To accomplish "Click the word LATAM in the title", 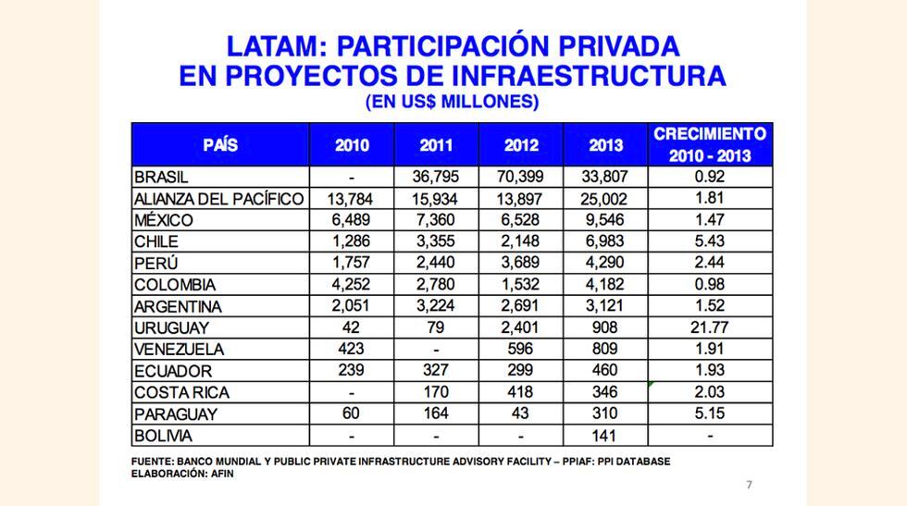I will coord(270,46).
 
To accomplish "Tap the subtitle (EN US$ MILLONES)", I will coord(452,101).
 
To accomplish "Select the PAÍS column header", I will coord(220,144).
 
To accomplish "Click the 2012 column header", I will coord(520,145).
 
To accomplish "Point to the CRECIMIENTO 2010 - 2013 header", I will coord(710,144).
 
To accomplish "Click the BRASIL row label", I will coord(162,177).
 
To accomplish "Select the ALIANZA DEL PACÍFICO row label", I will coord(218,199).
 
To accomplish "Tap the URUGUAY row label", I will coord(171,327).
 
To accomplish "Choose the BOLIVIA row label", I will coord(164,436).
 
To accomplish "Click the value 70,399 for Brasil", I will coord(520,177).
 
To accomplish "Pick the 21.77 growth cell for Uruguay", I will coord(710,327).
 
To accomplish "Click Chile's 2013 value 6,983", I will coord(605,241).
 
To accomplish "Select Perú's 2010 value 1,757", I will coord(352,263).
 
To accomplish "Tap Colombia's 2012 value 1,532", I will coord(520,284).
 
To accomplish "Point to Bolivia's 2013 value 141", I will coord(605,436).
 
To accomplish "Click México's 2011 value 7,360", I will coord(436,220).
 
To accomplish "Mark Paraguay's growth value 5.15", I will coord(710,413).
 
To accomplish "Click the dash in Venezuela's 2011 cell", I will coord(436,350).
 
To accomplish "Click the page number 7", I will coord(749,485).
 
